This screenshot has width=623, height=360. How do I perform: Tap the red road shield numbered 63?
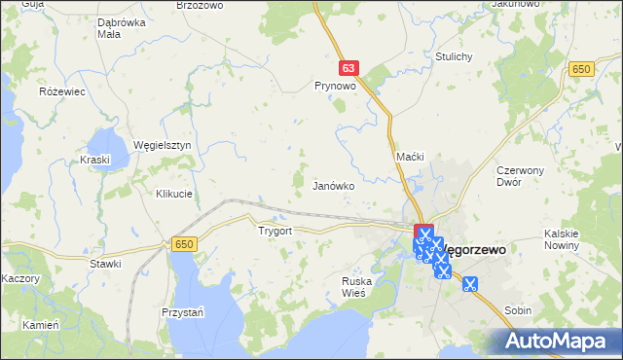350,68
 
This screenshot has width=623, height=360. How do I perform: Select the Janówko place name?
332,185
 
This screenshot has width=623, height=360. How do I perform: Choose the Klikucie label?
174,194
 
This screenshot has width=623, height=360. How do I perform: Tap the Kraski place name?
95,160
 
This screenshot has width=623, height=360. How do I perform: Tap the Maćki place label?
409,157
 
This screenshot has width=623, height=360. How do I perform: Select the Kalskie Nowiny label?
563,238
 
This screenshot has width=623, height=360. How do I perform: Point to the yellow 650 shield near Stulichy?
582,68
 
